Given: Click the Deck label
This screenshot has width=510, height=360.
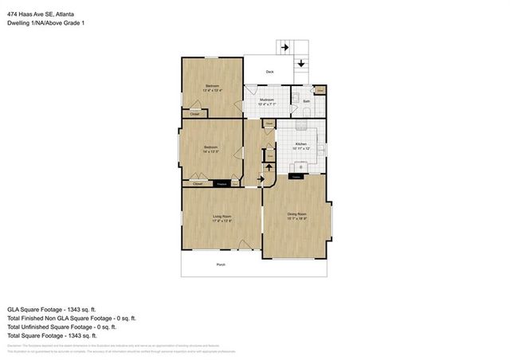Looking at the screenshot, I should (269, 72).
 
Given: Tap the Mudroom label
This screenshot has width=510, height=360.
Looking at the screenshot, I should (267, 100).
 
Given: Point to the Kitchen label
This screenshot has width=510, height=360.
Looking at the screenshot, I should (300, 144).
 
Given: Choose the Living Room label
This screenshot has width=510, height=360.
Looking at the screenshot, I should (222, 217).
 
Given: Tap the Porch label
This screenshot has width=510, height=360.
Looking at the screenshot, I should (221, 264).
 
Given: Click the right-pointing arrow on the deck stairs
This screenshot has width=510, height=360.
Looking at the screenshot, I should (285, 47).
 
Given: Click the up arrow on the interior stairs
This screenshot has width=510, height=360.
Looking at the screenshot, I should (269, 166).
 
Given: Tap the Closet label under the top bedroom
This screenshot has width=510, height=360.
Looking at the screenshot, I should (194, 114).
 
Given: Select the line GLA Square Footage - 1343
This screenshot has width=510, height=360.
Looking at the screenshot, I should (51, 308).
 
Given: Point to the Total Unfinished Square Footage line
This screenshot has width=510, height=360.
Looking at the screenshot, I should (61, 327).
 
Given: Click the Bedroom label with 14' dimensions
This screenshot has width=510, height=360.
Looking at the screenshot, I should (210, 148).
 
